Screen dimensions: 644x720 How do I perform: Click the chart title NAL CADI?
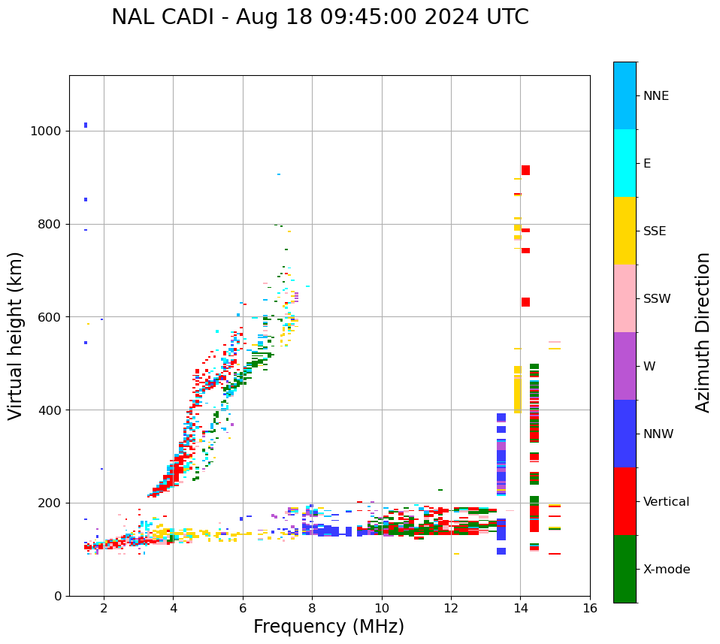[319, 17]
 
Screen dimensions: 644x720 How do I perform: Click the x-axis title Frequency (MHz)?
[328, 627]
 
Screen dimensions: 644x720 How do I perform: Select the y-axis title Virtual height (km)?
[16, 336]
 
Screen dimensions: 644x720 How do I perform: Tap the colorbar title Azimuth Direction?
[703, 332]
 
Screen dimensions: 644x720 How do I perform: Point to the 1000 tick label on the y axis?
[45, 131]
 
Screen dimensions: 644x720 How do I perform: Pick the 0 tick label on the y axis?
[57, 596]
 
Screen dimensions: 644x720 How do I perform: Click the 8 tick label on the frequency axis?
[312, 608]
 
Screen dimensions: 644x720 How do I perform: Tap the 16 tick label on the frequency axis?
[590, 608]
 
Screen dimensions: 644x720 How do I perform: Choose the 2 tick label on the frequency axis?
[104, 608]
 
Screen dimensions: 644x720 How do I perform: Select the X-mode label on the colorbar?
[666, 570]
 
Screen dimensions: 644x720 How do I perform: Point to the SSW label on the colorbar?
[656, 299]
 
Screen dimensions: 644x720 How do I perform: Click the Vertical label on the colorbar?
[666, 502]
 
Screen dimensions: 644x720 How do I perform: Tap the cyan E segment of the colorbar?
[625, 163]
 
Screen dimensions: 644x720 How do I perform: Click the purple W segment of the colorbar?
[625, 366]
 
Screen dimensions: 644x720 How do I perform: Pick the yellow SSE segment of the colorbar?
[625, 231]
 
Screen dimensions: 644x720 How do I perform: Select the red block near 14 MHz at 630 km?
[525, 302]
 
